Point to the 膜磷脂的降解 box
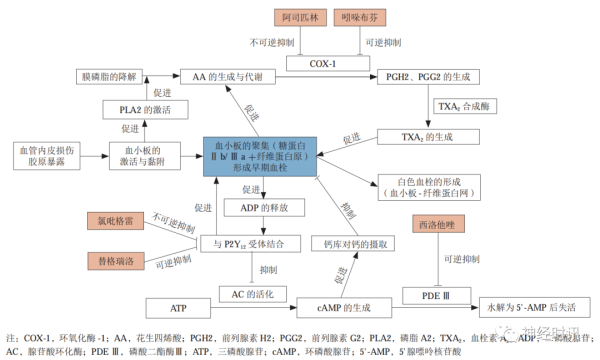click(112, 76)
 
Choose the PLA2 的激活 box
click(145, 108)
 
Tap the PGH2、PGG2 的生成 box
click(417, 76)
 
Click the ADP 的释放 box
click(257, 208)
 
